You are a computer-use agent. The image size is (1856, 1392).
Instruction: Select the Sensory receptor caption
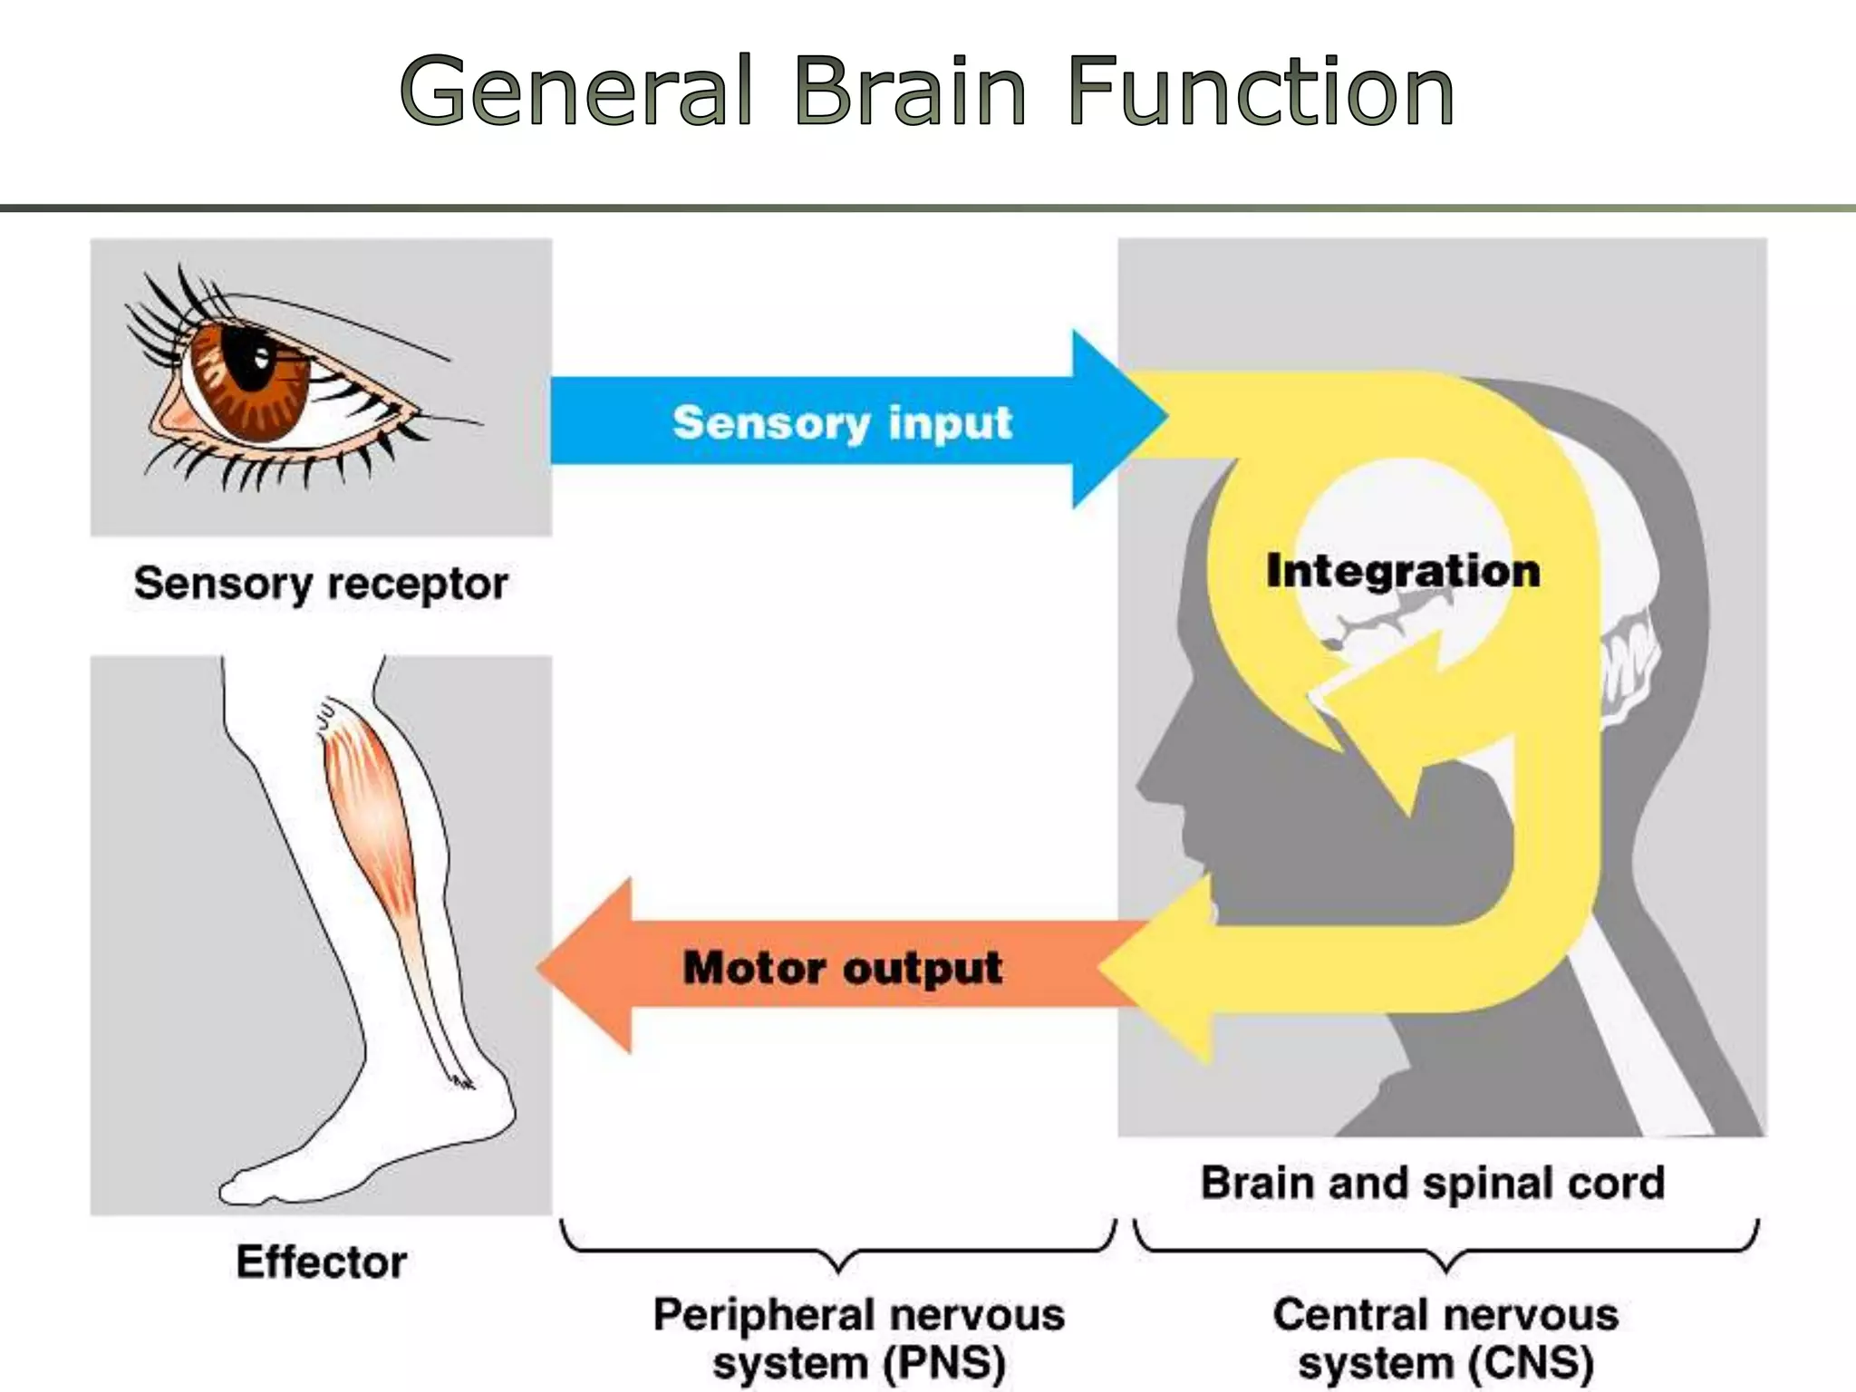click(321, 584)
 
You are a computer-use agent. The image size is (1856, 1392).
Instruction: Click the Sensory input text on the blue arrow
click(842, 423)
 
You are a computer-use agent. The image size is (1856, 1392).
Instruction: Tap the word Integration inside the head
click(1403, 571)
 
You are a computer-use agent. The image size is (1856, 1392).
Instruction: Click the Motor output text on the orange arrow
click(842, 968)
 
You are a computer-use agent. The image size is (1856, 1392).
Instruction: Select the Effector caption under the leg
click(321, 1261)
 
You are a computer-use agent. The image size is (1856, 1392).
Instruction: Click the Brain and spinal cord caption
click(1433, 1183)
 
